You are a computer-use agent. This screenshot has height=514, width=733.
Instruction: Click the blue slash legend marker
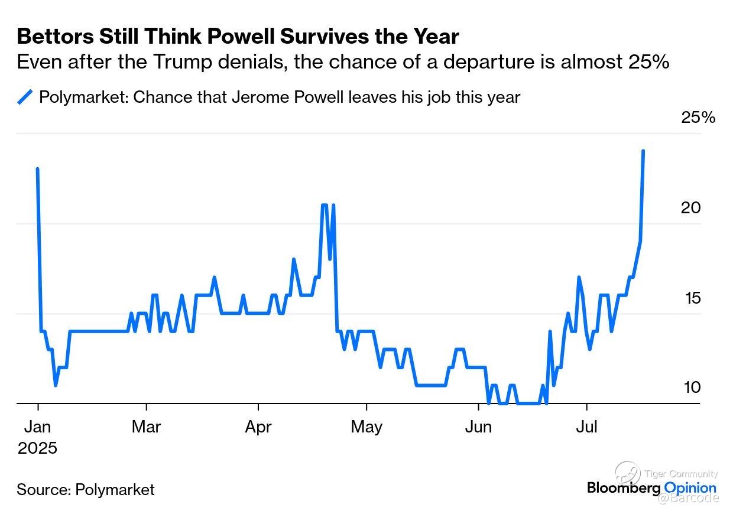pos(25,96)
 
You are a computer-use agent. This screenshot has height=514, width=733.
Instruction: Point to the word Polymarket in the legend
pos(82,96)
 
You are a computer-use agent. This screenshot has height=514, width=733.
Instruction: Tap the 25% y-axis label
pos(698,118)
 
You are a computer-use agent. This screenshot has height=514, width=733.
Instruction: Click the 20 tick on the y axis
pos(690,207)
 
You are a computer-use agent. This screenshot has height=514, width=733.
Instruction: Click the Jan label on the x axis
pos(38,426)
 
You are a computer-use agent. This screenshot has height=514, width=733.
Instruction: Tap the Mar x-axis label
pos(146,426)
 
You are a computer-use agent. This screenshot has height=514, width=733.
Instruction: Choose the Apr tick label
pos(258,426)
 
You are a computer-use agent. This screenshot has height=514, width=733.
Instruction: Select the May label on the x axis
pos(367,426)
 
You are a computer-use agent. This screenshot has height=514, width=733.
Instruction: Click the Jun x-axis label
pos(478,426)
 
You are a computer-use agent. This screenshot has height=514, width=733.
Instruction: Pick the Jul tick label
pos(586,426)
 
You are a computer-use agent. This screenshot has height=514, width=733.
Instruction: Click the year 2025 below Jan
pos(38,448)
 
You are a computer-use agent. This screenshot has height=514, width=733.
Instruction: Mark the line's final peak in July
pos(643,151)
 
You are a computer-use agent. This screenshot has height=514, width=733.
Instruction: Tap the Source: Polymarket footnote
pos(86,489)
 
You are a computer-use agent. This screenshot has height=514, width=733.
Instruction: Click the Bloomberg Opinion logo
pos(651,488)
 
